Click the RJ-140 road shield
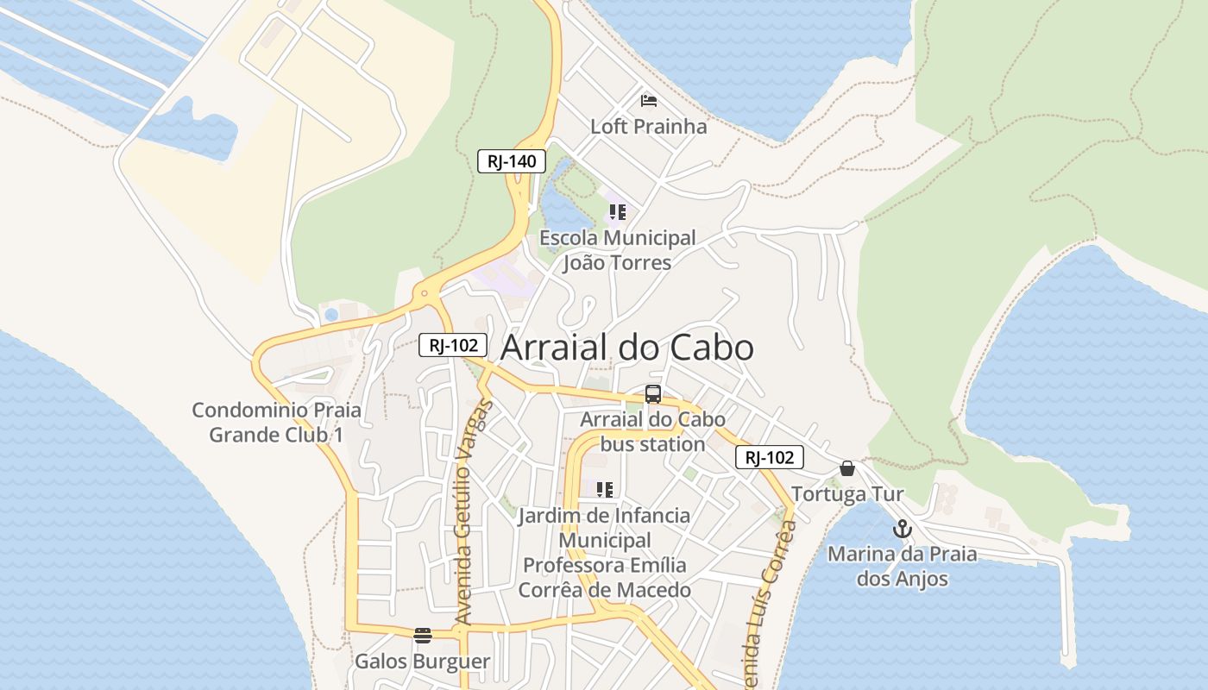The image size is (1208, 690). click(x=512, y=160)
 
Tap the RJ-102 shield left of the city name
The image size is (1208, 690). click(x=453, y=345)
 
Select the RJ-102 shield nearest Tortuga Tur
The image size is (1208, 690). click(x=769, y=457)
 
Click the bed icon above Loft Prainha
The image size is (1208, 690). click(x=649, y=101)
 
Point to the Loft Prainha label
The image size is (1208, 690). click(x=648, y=127)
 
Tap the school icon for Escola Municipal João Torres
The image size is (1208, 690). click(x=617, y=211)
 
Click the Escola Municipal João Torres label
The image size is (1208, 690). click(x=617, y=249)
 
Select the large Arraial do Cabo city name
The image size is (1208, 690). click(x=627, y=348)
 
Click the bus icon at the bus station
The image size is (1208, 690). click(x=653, y=394)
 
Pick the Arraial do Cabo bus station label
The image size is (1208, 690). click(x=652, y=431)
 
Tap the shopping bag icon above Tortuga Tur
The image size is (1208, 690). click(x=847, y=468)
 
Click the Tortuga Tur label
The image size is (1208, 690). click(x=847, y=494)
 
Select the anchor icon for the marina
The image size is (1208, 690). click(x=903, y=528)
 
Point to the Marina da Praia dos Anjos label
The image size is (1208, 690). click(x=903, y=566)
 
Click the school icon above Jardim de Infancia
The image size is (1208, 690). click(x=605, y=490)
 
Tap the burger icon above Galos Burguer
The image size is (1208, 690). click(x=423, y=636)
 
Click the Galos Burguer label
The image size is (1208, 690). click(x=423, y=662)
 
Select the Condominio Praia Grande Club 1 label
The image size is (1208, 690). click(x=276, y=422)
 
